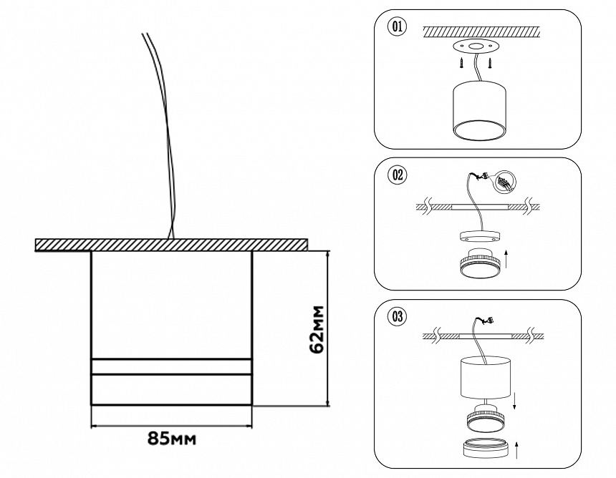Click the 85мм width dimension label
(172, 438)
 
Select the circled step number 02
(396, 175)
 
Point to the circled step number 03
(396, 316)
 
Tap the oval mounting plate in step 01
(473, 48)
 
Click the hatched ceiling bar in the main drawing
(172, 244)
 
